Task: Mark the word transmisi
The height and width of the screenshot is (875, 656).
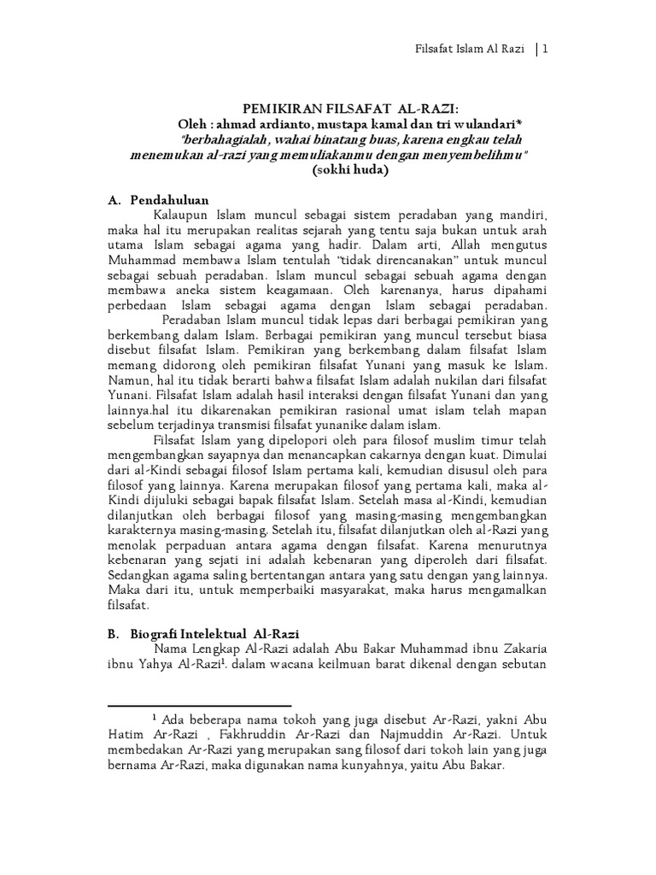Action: click(x=270, y=425)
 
